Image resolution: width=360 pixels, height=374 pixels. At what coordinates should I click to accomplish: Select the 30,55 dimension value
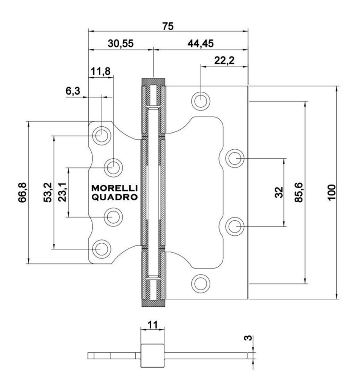[121, 43]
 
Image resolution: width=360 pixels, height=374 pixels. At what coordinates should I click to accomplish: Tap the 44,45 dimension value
[201, 43]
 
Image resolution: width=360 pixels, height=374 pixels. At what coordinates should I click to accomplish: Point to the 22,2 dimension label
[224, 60]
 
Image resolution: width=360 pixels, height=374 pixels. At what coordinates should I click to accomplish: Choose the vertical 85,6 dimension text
[298, 193]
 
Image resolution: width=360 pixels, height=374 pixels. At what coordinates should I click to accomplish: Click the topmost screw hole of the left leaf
[101, 136]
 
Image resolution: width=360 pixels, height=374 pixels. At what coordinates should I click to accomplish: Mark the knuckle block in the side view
[152, 355]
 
